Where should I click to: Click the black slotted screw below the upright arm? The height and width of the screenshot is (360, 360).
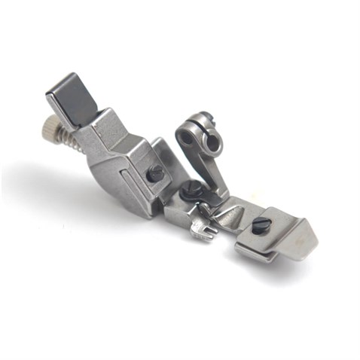point(194,188)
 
